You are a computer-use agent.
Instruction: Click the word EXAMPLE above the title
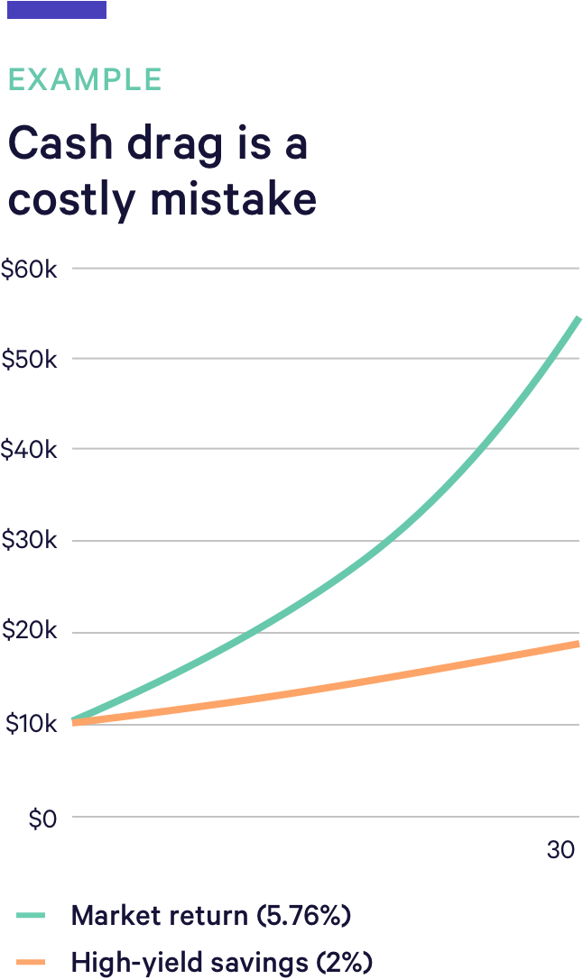pos(85,79)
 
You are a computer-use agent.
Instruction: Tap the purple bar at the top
pos(57,10)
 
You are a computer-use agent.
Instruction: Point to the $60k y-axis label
pos(30,269)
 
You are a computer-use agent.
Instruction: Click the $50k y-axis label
pos(30,359)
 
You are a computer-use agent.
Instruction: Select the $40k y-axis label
pos(30,449)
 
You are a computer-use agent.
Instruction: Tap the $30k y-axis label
pos(30,541)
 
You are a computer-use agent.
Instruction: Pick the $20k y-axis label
pos(30,632)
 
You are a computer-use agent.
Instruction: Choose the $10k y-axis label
pos(30,724)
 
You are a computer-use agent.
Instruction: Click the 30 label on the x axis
pos(560,850)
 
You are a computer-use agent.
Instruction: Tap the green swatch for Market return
pos(31,916)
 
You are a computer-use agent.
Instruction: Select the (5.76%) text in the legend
pos(303,916)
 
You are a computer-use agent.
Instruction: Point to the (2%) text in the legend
pos(344,962)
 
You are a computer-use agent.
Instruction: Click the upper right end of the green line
pos(578,319)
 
